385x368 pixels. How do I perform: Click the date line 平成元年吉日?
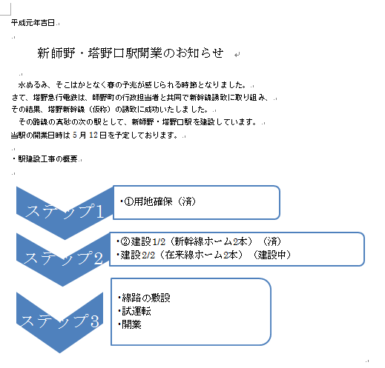pos(33,23)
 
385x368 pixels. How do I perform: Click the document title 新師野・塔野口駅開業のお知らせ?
pos(131,53)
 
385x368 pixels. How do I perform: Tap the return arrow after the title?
pos(237,55)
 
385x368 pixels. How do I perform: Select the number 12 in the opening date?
pos(93,135)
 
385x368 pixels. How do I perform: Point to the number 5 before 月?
pos(75,135)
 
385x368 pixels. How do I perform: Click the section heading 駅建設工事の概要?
pos(47,158)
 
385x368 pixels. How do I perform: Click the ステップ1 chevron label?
pos(64,211)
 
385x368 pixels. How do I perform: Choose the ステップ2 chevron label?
pos(63,258)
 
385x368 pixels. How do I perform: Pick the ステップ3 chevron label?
pos(60,321)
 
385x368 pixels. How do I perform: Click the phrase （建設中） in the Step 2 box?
pos(272,255)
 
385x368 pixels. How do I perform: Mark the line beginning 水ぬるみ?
pos(132,85)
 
